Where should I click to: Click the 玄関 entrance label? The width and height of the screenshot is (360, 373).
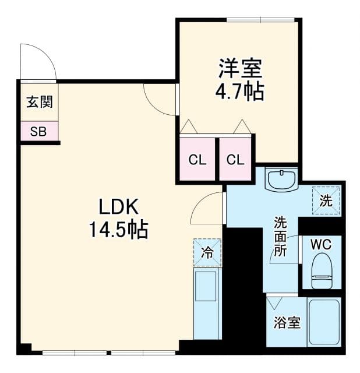coord(39,102)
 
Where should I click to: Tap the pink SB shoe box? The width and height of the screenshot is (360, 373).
coord(38,131)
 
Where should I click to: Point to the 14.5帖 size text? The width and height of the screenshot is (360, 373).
coord(118,230)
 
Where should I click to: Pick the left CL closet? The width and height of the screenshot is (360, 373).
coord(197,160)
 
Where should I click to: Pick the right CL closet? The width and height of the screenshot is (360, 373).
coord(235,160)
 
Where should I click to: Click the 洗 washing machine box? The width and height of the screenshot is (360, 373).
coord(326,200)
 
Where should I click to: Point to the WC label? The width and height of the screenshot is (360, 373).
coord(320,244)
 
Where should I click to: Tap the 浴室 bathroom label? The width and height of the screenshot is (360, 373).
coord(287,322)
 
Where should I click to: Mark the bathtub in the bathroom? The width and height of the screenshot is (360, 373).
coord(324,322)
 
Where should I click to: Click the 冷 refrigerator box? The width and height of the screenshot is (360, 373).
coord(207,252)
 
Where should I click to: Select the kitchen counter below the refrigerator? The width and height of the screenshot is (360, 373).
coord(207,303)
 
